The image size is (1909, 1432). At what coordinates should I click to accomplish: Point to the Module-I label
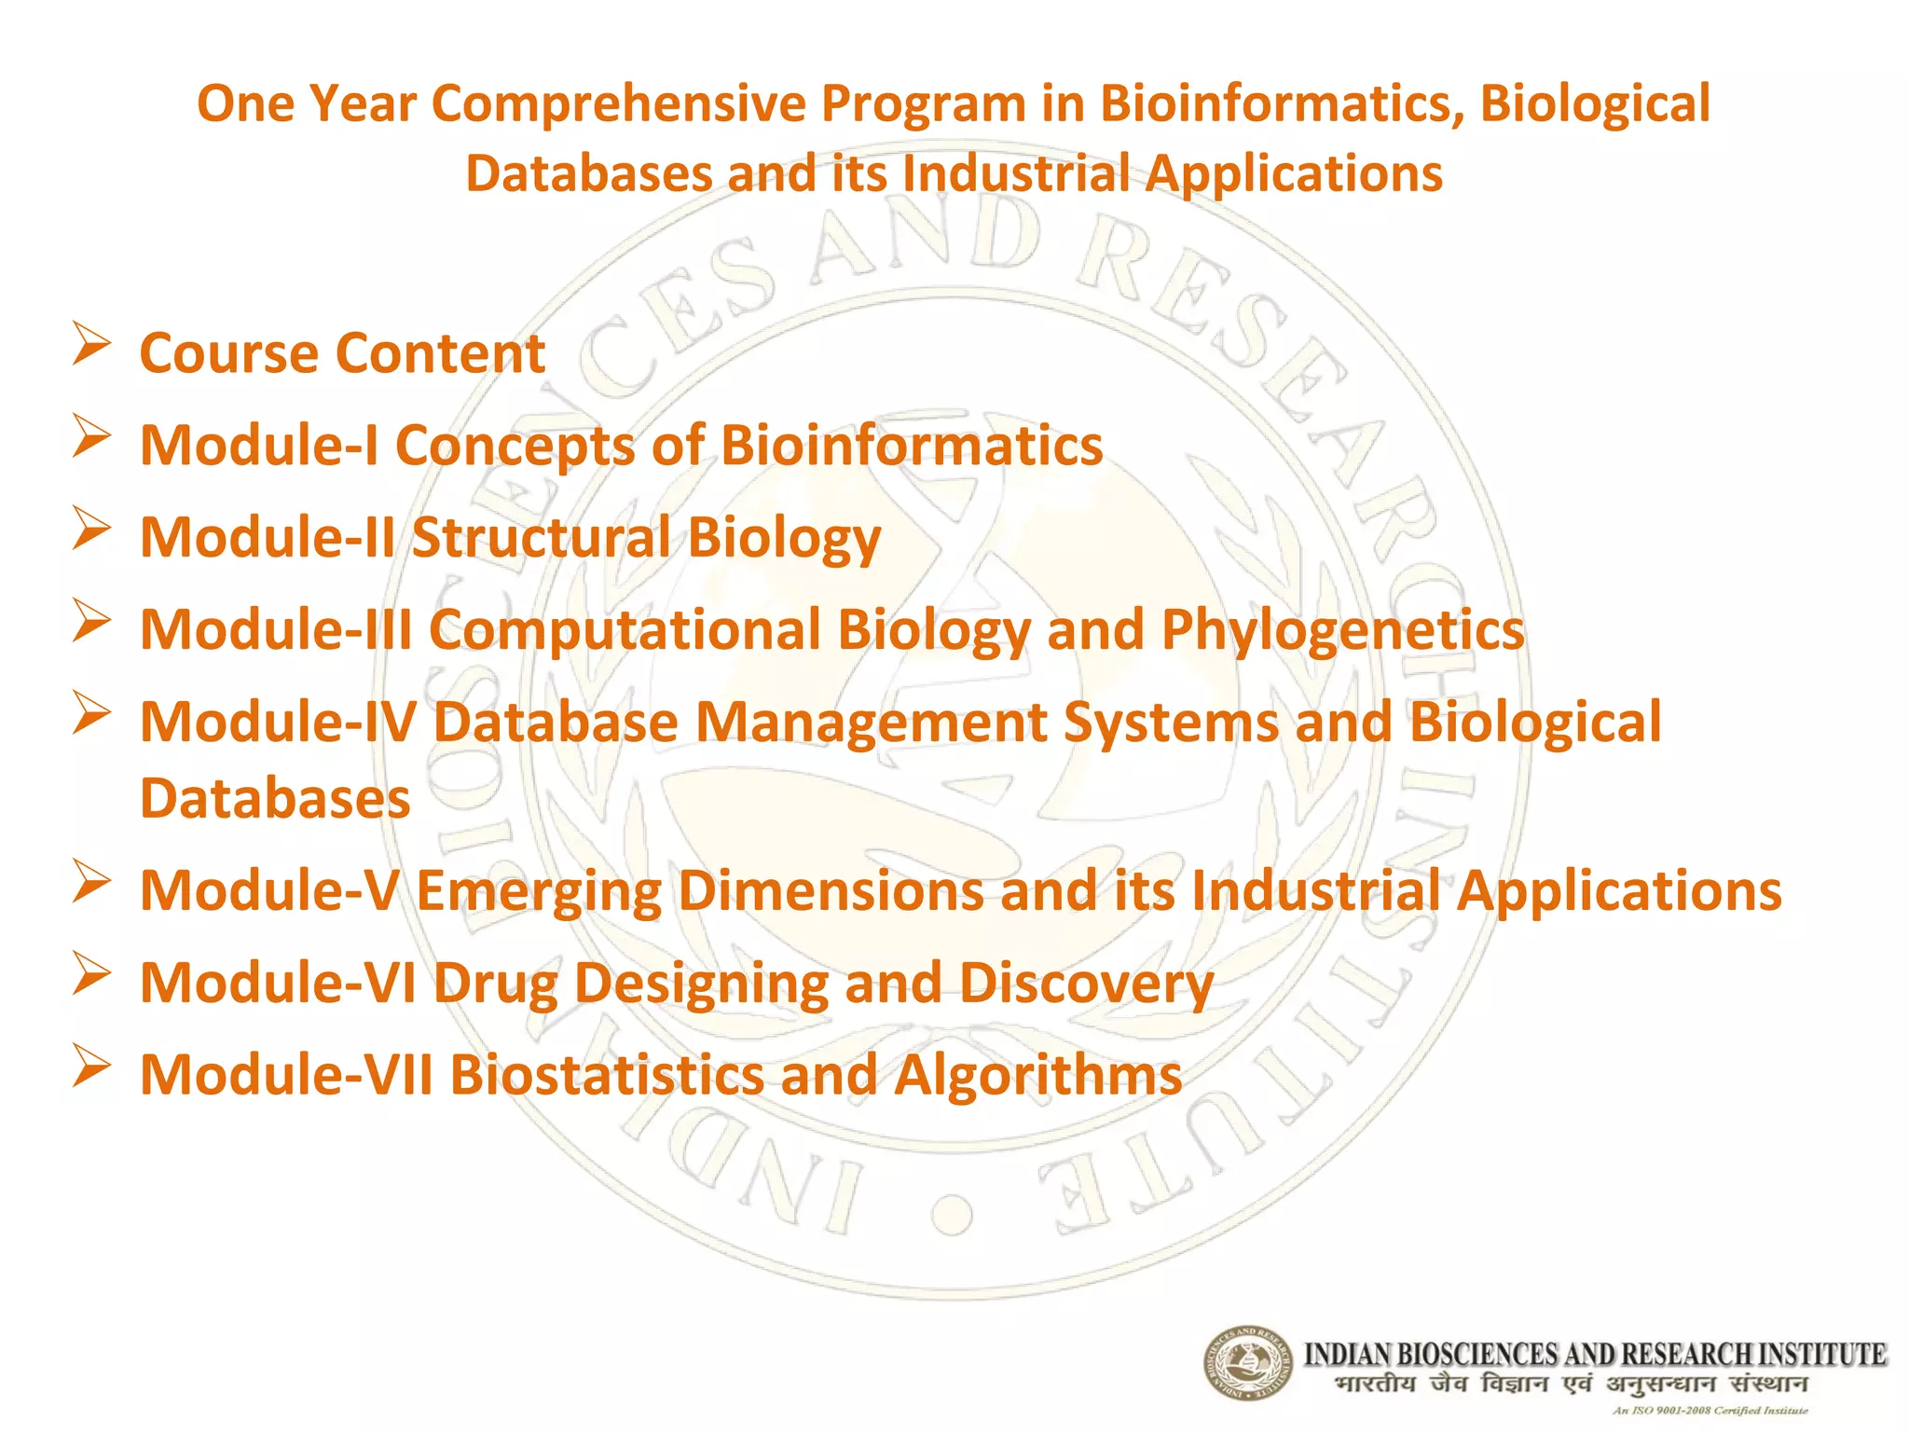[x=259, y=445]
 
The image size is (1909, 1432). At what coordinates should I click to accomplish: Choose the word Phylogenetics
[x=1342, y=631]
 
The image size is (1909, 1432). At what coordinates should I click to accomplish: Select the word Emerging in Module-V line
[x=538, y=892]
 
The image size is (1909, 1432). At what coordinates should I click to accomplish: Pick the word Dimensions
[x=831, y=890]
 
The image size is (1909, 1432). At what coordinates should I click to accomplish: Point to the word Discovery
[x=1086, y=984]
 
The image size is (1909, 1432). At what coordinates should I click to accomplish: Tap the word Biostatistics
[x=607, y=1075]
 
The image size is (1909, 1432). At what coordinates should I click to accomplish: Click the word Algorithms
[x=1037, y=1075]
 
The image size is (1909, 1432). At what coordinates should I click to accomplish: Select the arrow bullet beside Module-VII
[x=91, y=1066]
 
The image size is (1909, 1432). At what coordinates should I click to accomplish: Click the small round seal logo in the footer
[x=1247, y=1363]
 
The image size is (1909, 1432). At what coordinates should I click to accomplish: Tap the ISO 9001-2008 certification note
[x=1710, y=1411]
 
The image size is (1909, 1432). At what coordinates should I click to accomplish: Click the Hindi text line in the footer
[x=1571, y=1384]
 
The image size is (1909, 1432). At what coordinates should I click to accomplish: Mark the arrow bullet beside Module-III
[x=91, y=620]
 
